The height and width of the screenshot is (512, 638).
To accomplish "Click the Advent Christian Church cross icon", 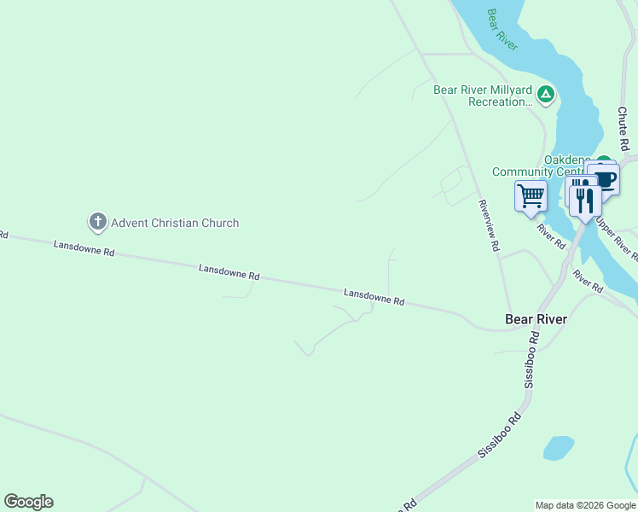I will [97, 223].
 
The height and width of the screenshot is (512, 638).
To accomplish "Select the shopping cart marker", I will [531, 195].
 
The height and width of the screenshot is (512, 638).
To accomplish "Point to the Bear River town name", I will [536, 319].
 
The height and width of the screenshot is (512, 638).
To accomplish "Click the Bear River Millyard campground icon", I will [545, 93].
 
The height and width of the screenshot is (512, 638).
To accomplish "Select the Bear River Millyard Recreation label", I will [483, 96].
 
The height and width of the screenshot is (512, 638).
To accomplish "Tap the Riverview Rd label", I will [488, 225].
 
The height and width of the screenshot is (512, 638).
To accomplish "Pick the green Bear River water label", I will [502, 30].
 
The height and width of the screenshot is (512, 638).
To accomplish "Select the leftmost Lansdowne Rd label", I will [84, 248].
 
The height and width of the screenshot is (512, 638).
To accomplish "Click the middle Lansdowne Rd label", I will [229, 272].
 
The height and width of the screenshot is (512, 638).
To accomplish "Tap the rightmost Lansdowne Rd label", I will [374, 297].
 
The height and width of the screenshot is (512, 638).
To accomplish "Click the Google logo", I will [28, 502].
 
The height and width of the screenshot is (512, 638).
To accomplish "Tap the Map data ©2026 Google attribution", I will [585, 505].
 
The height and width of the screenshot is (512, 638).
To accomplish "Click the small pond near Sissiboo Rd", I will [558, 448].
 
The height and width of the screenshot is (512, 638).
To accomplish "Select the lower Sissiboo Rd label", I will [499, 436].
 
